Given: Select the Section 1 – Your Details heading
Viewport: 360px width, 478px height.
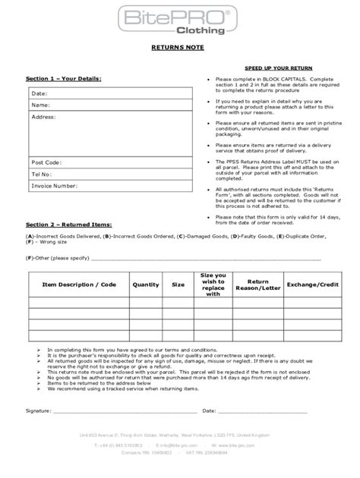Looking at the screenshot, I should click(64, 78).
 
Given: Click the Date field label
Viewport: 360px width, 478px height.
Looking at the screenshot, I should click(39, 93).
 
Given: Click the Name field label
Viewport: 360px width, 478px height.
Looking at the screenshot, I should click(40, 105).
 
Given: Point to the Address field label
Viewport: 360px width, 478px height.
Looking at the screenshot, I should click(43, 118).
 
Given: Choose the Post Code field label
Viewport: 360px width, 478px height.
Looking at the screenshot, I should click(46, 162).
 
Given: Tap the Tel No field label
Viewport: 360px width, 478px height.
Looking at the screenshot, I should click(42, 174).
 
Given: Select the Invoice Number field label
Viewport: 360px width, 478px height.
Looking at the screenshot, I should click(55, 185).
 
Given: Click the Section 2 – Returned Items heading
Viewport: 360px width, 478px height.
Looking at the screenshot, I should click(69, 225).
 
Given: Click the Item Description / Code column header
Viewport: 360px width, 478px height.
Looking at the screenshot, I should click(78, 285).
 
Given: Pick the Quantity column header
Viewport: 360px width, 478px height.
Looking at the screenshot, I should click(145, 285).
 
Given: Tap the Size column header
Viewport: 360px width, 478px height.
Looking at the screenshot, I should click(178, 285).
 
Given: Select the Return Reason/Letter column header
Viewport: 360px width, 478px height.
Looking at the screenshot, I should click(264, 285).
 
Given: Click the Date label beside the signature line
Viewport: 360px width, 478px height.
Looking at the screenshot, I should click(210, 410).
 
